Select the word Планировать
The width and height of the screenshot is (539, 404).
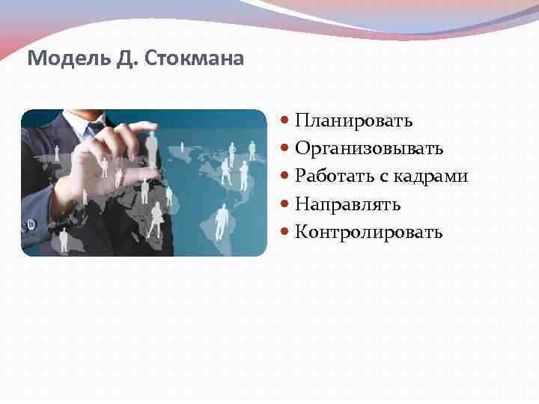tap(353, 120)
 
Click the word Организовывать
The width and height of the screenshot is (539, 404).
tap(369, 148)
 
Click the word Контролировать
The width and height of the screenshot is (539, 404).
tap(369, 231)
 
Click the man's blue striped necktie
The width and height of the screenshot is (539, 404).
tap(92, 129)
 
